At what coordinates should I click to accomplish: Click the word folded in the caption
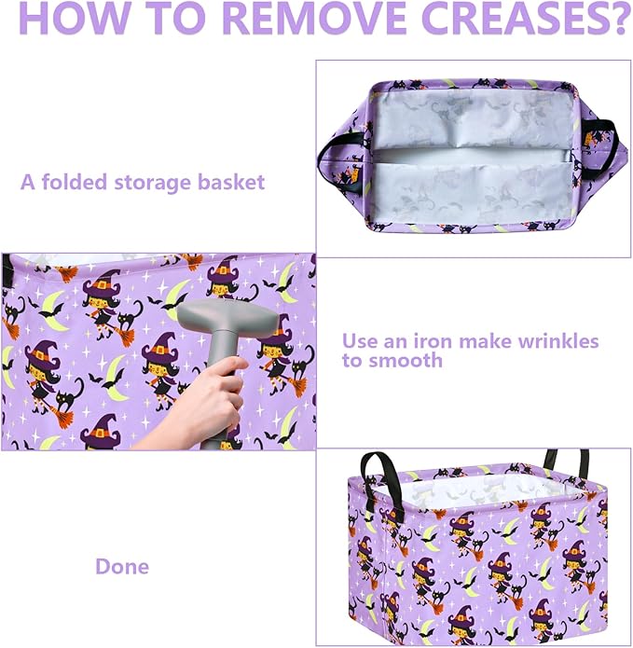(75, 182)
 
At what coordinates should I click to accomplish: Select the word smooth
(405, 361)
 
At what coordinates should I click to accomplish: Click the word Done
(122, 566)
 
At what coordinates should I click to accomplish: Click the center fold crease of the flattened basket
(470, 157)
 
